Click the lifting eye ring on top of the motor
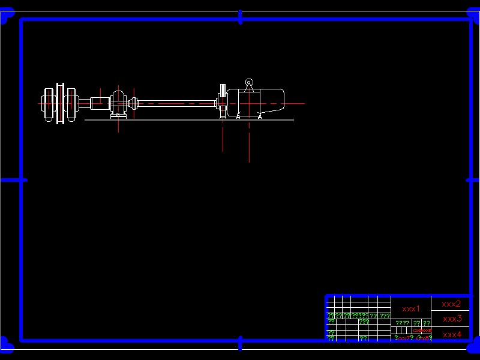pos(249,83)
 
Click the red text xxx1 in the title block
pos(411,309)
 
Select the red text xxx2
pos(451,304)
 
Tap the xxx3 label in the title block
pos(452,319)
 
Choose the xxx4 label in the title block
pos(452,334)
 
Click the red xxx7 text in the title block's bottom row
pos(403,338)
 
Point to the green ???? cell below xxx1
pos(402,323)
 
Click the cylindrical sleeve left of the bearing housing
pos(98,103)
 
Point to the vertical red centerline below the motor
pos(249,144)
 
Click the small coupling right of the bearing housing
pos(134,104)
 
